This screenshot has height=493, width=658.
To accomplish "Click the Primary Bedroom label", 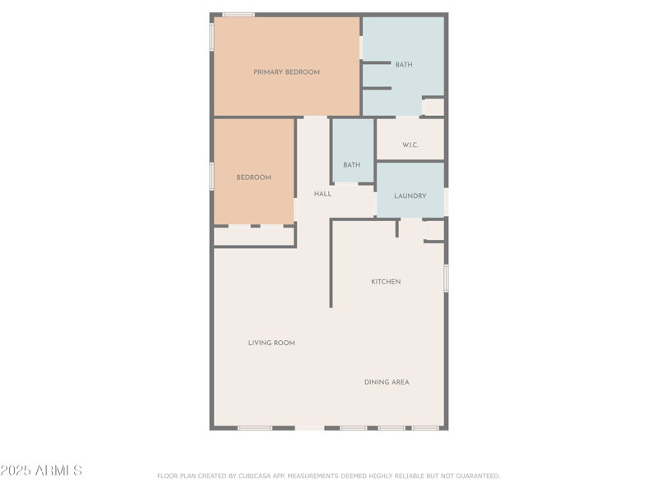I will [286, 72].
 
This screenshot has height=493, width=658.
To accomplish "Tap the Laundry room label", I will [410, 196].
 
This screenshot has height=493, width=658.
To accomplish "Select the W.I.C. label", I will [410, 145].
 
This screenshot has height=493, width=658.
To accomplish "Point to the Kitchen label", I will [386, 282].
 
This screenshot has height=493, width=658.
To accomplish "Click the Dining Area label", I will [387, 382].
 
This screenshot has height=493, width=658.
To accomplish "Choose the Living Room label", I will [271, 343].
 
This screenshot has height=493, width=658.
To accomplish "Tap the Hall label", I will [322, 194].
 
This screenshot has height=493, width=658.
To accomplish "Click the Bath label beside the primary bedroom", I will [404, 65].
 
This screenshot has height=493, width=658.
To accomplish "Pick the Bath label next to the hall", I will [352, 165].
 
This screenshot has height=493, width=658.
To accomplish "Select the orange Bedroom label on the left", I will [253, 177].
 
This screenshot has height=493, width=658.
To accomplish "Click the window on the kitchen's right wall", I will [447, 278].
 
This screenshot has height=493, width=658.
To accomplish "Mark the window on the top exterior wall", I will [239, 15].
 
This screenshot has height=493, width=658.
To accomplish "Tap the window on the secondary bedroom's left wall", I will [212, 176].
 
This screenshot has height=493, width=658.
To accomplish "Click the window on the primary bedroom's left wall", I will [212, 37].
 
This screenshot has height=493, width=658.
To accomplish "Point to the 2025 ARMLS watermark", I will [41, 471].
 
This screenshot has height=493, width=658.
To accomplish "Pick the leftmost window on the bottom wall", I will [255, 427].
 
